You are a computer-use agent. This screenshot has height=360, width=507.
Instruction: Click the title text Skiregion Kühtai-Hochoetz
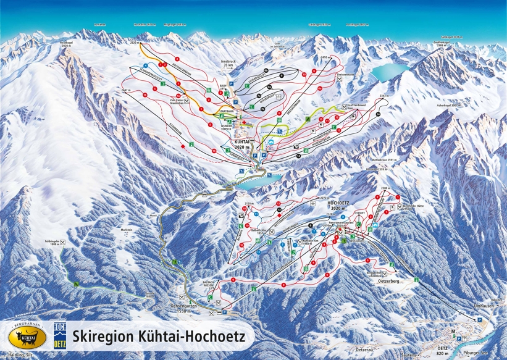159,337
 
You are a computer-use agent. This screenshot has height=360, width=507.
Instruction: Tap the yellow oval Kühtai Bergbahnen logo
26,337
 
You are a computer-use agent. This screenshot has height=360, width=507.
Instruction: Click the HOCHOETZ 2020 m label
338,205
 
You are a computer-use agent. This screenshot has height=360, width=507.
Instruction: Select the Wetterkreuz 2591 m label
383,159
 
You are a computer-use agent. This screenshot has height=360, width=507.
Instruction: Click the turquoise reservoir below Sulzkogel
385,72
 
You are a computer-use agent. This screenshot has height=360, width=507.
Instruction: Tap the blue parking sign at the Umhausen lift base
479,320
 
